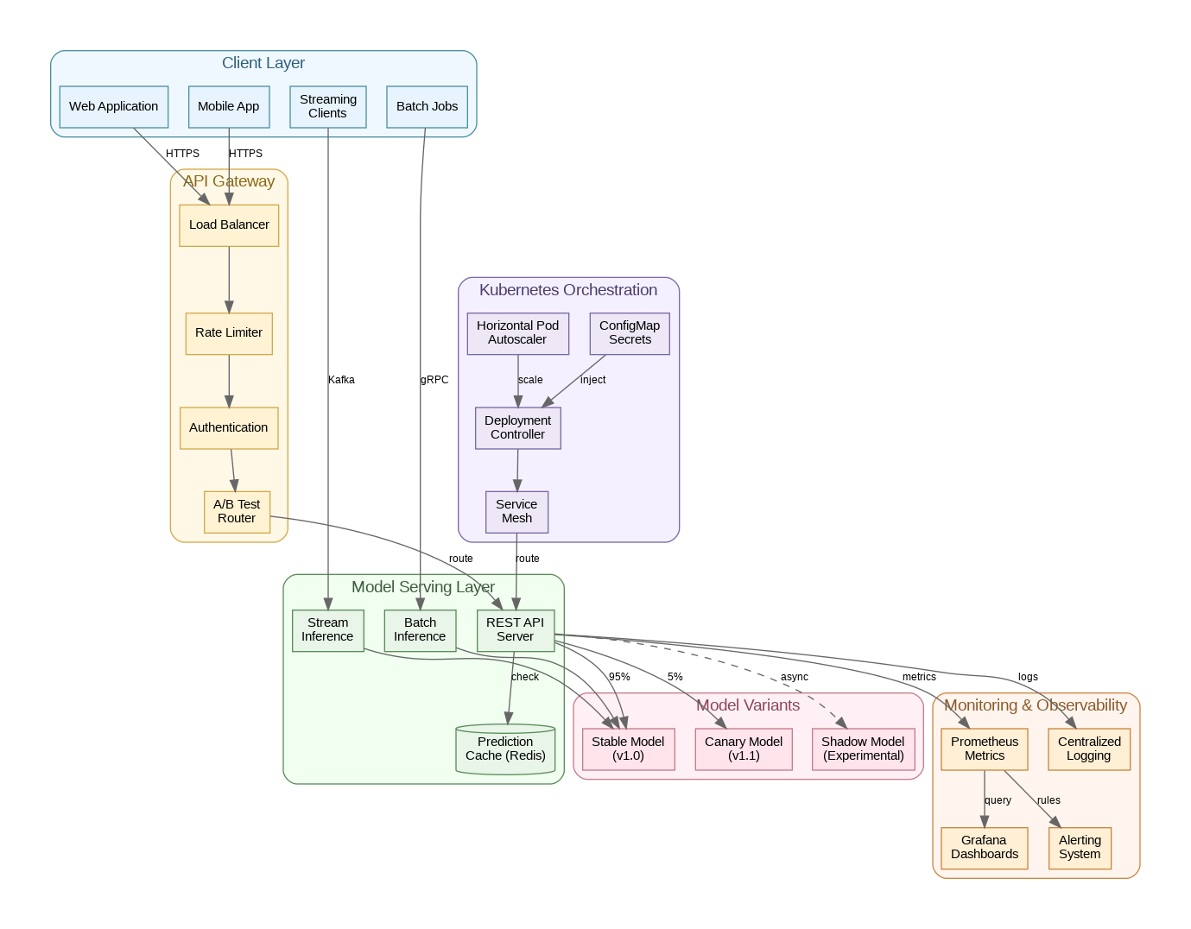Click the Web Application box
[114, 106]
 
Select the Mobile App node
[229, 106]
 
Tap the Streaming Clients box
[328, 106]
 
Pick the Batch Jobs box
[427, 106]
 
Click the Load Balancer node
[229, 224]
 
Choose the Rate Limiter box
[229, 332]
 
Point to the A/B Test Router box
[237, 511]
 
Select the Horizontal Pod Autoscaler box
[517, 332]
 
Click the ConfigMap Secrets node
[630, 332]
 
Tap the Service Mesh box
[516, 511]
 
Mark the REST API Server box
[515, 629]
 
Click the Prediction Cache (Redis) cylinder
[505, 749]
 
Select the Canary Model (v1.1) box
[744, 749]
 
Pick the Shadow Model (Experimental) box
[863, 749]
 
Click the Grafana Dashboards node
[984, 847]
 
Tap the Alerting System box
[1080, 847]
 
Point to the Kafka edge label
[341, 380]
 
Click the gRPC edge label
[434, 380]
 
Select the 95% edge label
[619, 677]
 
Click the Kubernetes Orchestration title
[568, 290]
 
